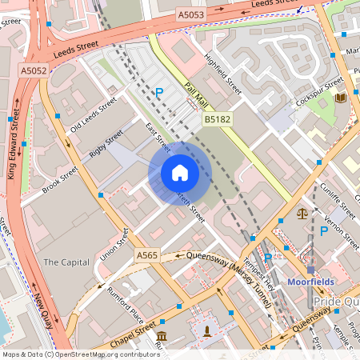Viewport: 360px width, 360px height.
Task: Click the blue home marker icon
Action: (179, 173)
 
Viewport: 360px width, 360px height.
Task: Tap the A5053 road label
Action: (191, 14)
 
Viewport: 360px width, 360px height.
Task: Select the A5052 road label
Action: (33, 71)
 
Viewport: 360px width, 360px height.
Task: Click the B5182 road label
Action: (217, 118)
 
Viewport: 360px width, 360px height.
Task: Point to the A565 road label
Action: (147, 255)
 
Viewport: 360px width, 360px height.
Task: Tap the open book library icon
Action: (341, 98)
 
